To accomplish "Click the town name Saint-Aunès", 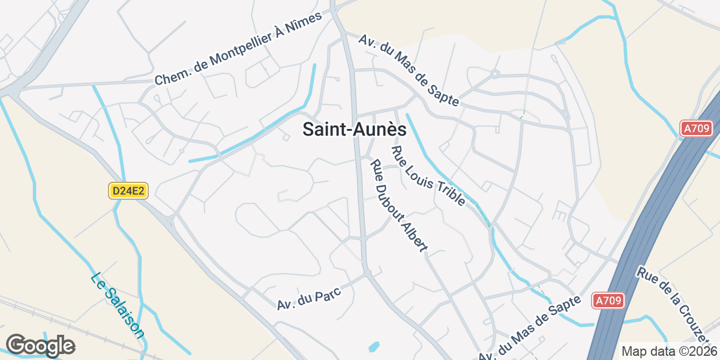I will (x=354, y=130).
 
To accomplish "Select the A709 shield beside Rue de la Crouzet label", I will (x=608, y=301).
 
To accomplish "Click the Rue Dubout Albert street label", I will (x=398, y=205).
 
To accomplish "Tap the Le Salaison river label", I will (x=118, y=305).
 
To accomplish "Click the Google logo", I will (x=40, y=346).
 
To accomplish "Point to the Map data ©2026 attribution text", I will (x=668, y=351).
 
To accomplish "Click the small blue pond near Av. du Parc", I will (x=374, y=346).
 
